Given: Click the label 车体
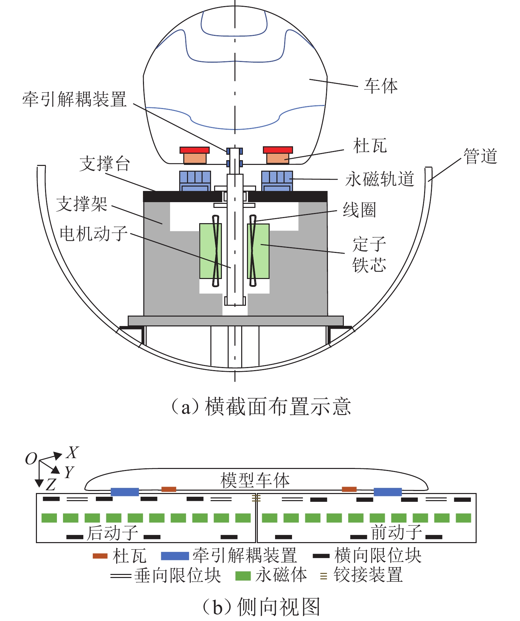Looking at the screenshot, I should [x=381, y=86].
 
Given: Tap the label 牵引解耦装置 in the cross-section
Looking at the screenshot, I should [x=75, y=99].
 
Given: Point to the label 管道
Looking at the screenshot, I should [x=480, y=156].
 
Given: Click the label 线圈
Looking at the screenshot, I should [x=359, y=210].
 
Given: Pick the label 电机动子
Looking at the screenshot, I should [x=93, y=234].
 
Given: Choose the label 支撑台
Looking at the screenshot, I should [x=105, y=164].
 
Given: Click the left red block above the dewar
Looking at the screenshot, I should [x=194, y=150].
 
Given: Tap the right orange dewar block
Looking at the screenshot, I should [x=278, y=158].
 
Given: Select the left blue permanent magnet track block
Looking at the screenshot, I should [x=195, y=181].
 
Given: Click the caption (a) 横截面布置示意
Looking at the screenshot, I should [x=261, y=407].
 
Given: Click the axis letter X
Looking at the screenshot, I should [x=72, y=453].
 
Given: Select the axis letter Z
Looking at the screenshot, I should [x=51, y=485].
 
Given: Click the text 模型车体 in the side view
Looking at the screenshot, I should [x=255, y=480].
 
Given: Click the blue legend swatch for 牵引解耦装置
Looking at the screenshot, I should [x=174, y=556].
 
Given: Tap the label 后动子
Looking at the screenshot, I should [x=112, y=533].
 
